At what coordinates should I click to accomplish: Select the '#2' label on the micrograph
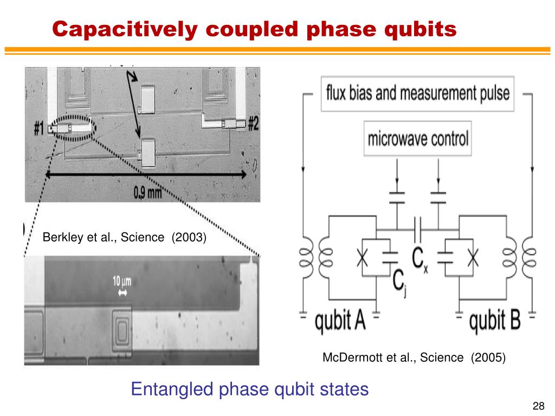[x=253, y=124]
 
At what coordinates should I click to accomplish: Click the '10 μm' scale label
[x=122, y=281]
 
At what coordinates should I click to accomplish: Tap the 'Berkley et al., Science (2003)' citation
[x=125, y=237]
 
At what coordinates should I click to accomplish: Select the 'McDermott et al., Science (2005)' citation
[x=414, y=357]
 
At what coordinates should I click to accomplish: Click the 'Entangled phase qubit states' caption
[x=250, y=389]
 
